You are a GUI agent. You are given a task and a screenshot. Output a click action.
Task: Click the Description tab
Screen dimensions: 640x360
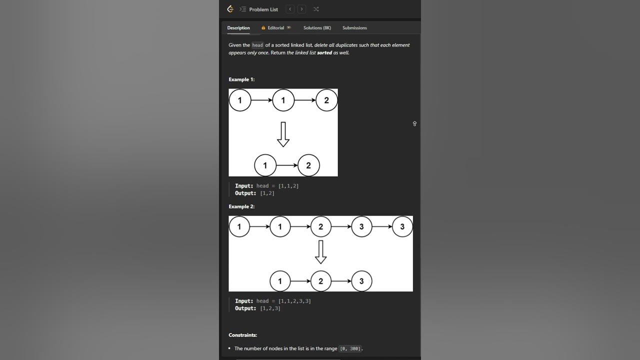(x=238, y=27)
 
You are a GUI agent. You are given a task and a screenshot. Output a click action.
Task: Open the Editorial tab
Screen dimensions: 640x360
(x=275, y=27)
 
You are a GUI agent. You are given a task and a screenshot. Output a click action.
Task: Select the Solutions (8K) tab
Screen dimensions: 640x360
(x=317, y=27)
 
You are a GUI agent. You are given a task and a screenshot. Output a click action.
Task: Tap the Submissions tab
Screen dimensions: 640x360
(x=354, y=27)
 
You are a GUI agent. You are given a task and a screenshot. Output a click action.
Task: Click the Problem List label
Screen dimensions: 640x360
(x=263, y=9)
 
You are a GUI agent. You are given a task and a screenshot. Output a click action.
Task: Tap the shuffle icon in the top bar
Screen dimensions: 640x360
(x=316, y=9)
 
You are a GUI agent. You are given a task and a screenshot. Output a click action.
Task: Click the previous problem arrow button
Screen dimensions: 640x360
(x=290, y=9)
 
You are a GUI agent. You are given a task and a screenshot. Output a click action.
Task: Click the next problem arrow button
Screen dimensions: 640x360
(x=301, y=9)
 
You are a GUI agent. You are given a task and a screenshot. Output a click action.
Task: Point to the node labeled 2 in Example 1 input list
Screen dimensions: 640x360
(x=326, y=100)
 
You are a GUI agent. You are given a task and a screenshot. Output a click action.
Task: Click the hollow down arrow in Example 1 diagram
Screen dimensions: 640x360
(x=283, y=134)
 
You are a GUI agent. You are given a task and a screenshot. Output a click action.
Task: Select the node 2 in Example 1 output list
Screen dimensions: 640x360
(x=308, y=165)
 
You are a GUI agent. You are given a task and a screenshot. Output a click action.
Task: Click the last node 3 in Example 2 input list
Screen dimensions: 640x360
(x=402, y=226)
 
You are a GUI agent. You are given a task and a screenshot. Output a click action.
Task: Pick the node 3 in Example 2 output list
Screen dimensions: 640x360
(x=361, y=281)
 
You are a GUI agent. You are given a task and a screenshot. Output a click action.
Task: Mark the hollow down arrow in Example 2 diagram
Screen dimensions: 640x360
(x=320, y=252)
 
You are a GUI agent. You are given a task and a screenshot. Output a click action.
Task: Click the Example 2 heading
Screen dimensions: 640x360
(x=241, y=206)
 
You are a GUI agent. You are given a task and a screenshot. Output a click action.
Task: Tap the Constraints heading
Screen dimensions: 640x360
(x=242, y=335)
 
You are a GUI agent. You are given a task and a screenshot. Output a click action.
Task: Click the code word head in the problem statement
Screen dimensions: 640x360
(x=257, y=45)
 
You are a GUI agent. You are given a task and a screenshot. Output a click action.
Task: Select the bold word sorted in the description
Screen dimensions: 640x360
(x=324, y=52)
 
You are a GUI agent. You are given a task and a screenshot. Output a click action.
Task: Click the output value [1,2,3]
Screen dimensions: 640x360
(x=270, y=308)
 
